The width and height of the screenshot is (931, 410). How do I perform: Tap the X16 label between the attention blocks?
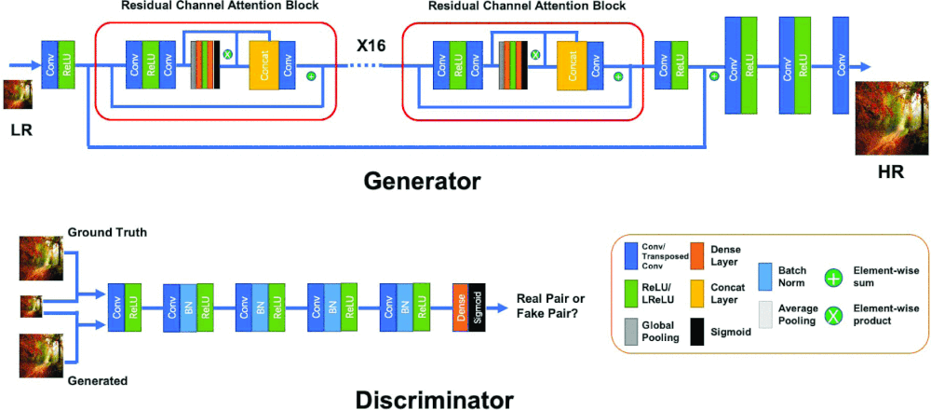(372, 45)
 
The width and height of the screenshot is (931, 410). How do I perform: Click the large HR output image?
(891, 116)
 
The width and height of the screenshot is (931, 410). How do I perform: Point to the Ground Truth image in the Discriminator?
(40, 257)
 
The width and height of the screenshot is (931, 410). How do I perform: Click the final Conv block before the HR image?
(843, 65)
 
